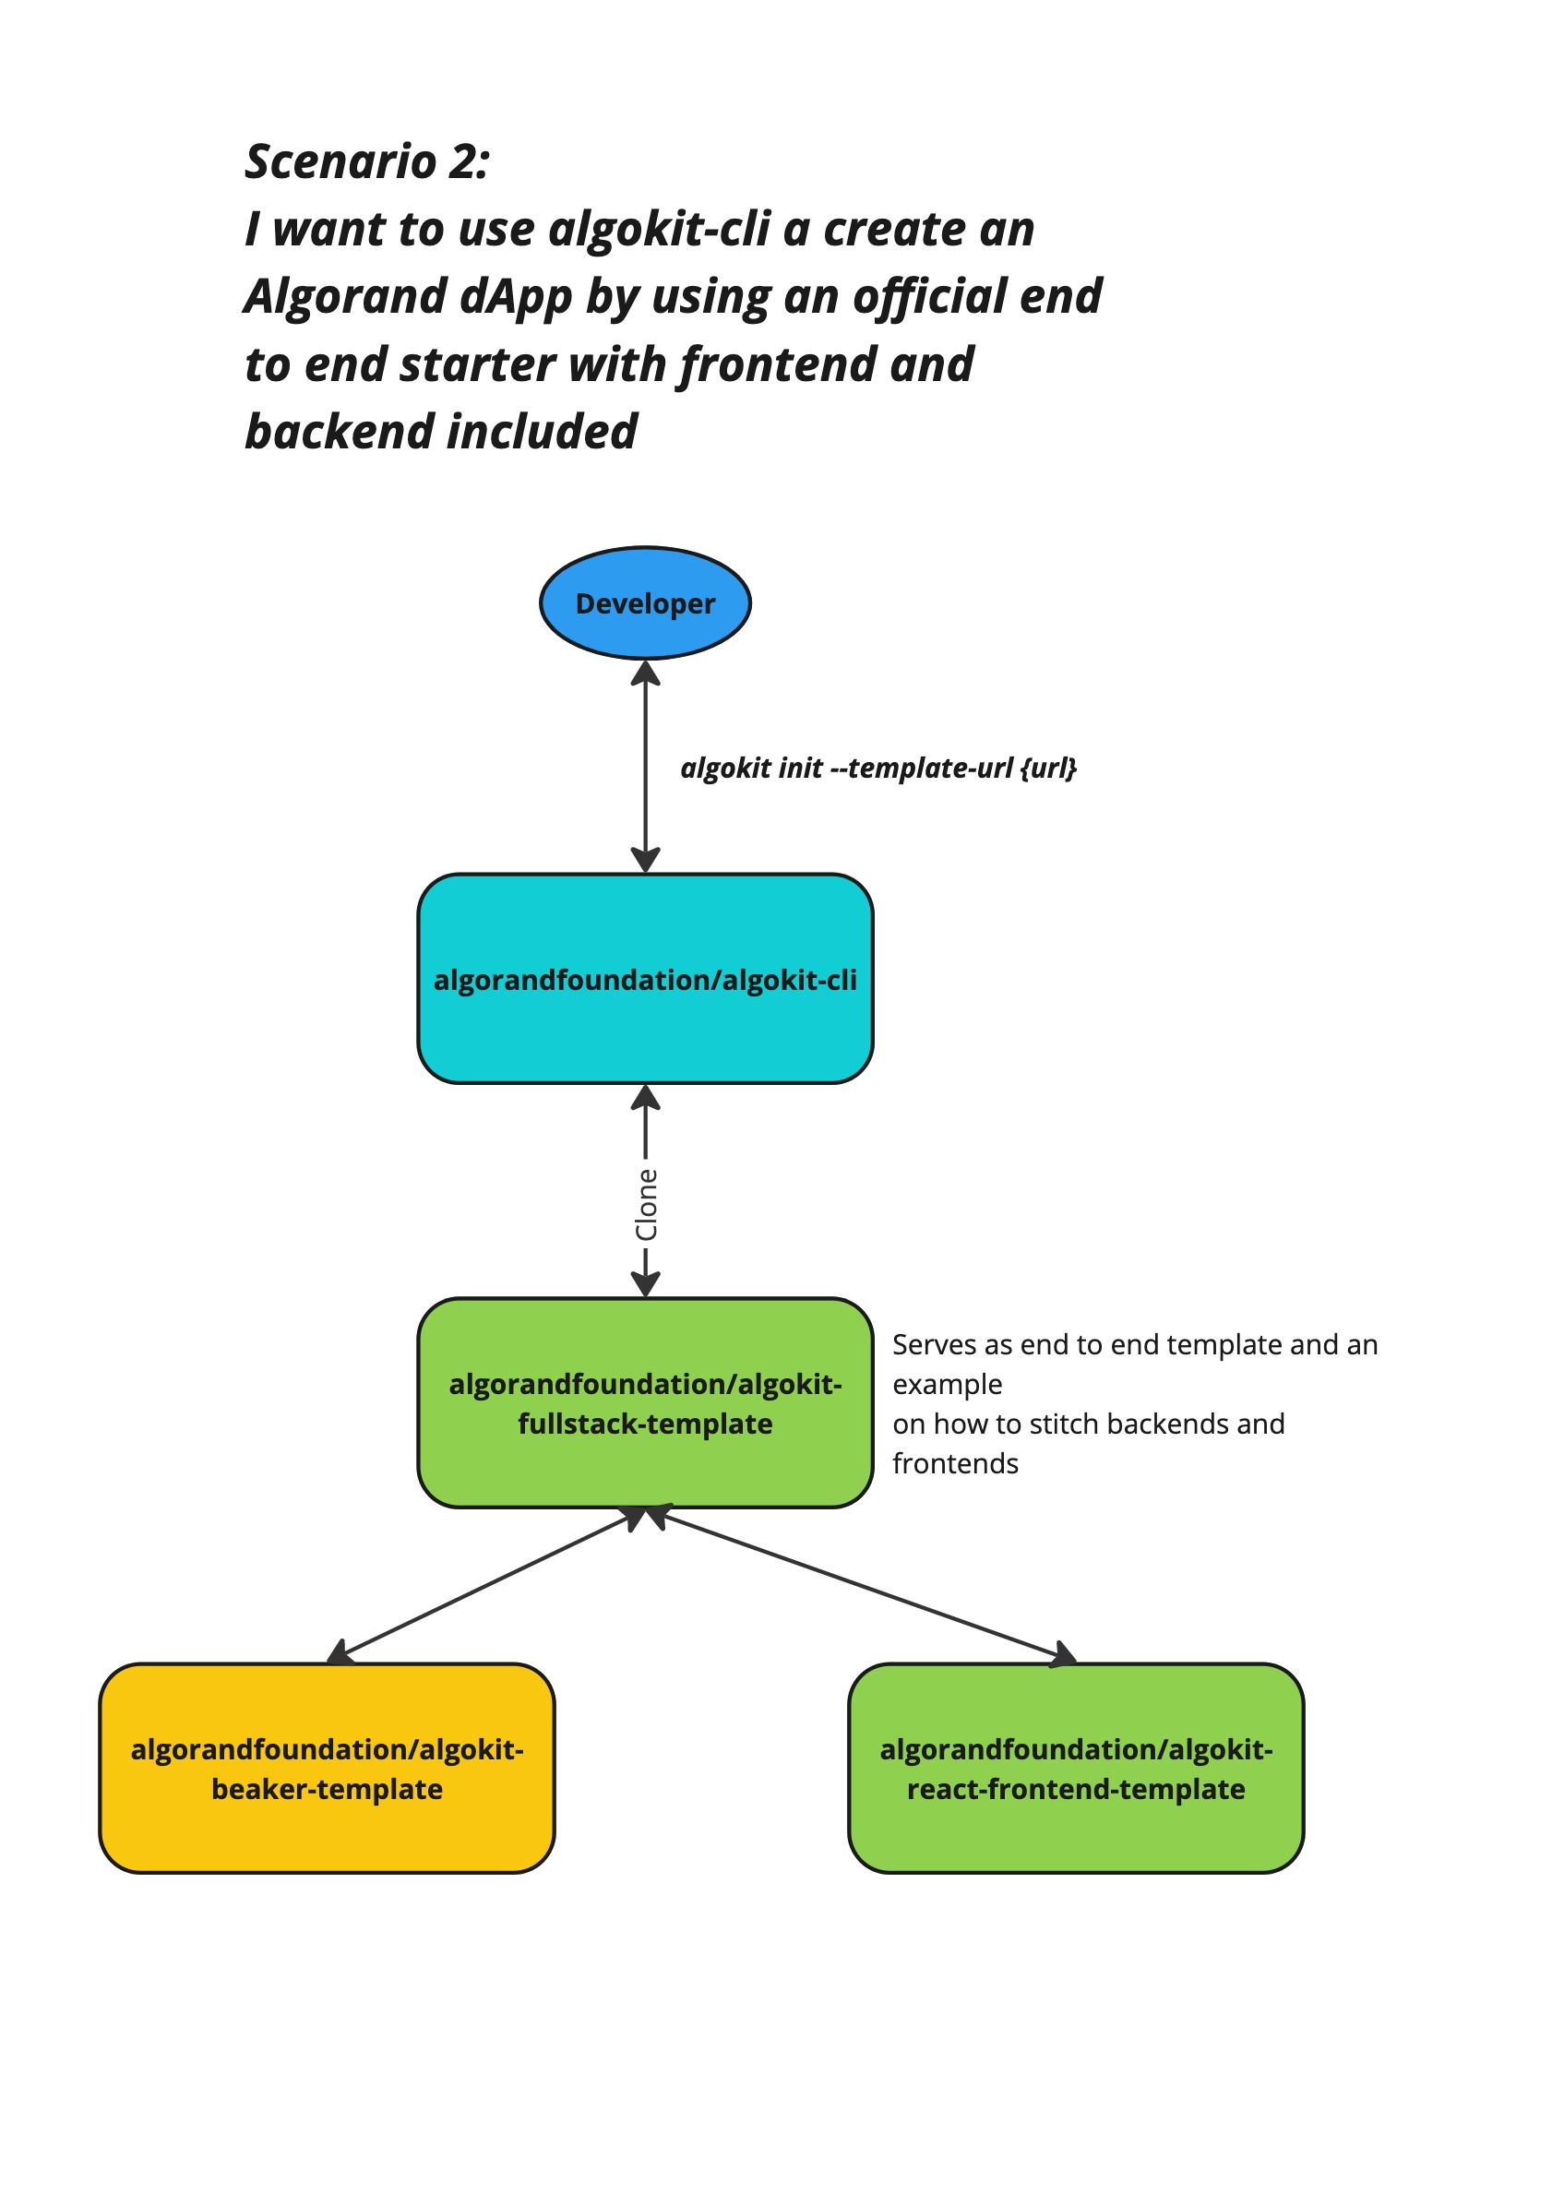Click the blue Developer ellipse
coord(645,603)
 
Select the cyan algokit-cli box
coord(645,979)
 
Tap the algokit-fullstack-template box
coord(645,1402)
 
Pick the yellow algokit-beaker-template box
coord(327,1768)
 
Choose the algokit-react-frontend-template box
coord(1075,1768)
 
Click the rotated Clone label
coord(647,1204)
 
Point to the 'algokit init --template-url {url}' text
coord(877,768)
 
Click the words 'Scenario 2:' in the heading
coord(367,161)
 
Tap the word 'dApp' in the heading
coord(516,296)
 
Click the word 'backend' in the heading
coord(340,432)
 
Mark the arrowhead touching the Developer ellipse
coord(645,673)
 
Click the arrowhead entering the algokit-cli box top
coord(645,860)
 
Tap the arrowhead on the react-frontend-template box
coord(1063,1655)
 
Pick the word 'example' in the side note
coord(946,1385)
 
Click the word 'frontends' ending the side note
coord(955,1463)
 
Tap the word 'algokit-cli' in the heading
coord(660,230)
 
